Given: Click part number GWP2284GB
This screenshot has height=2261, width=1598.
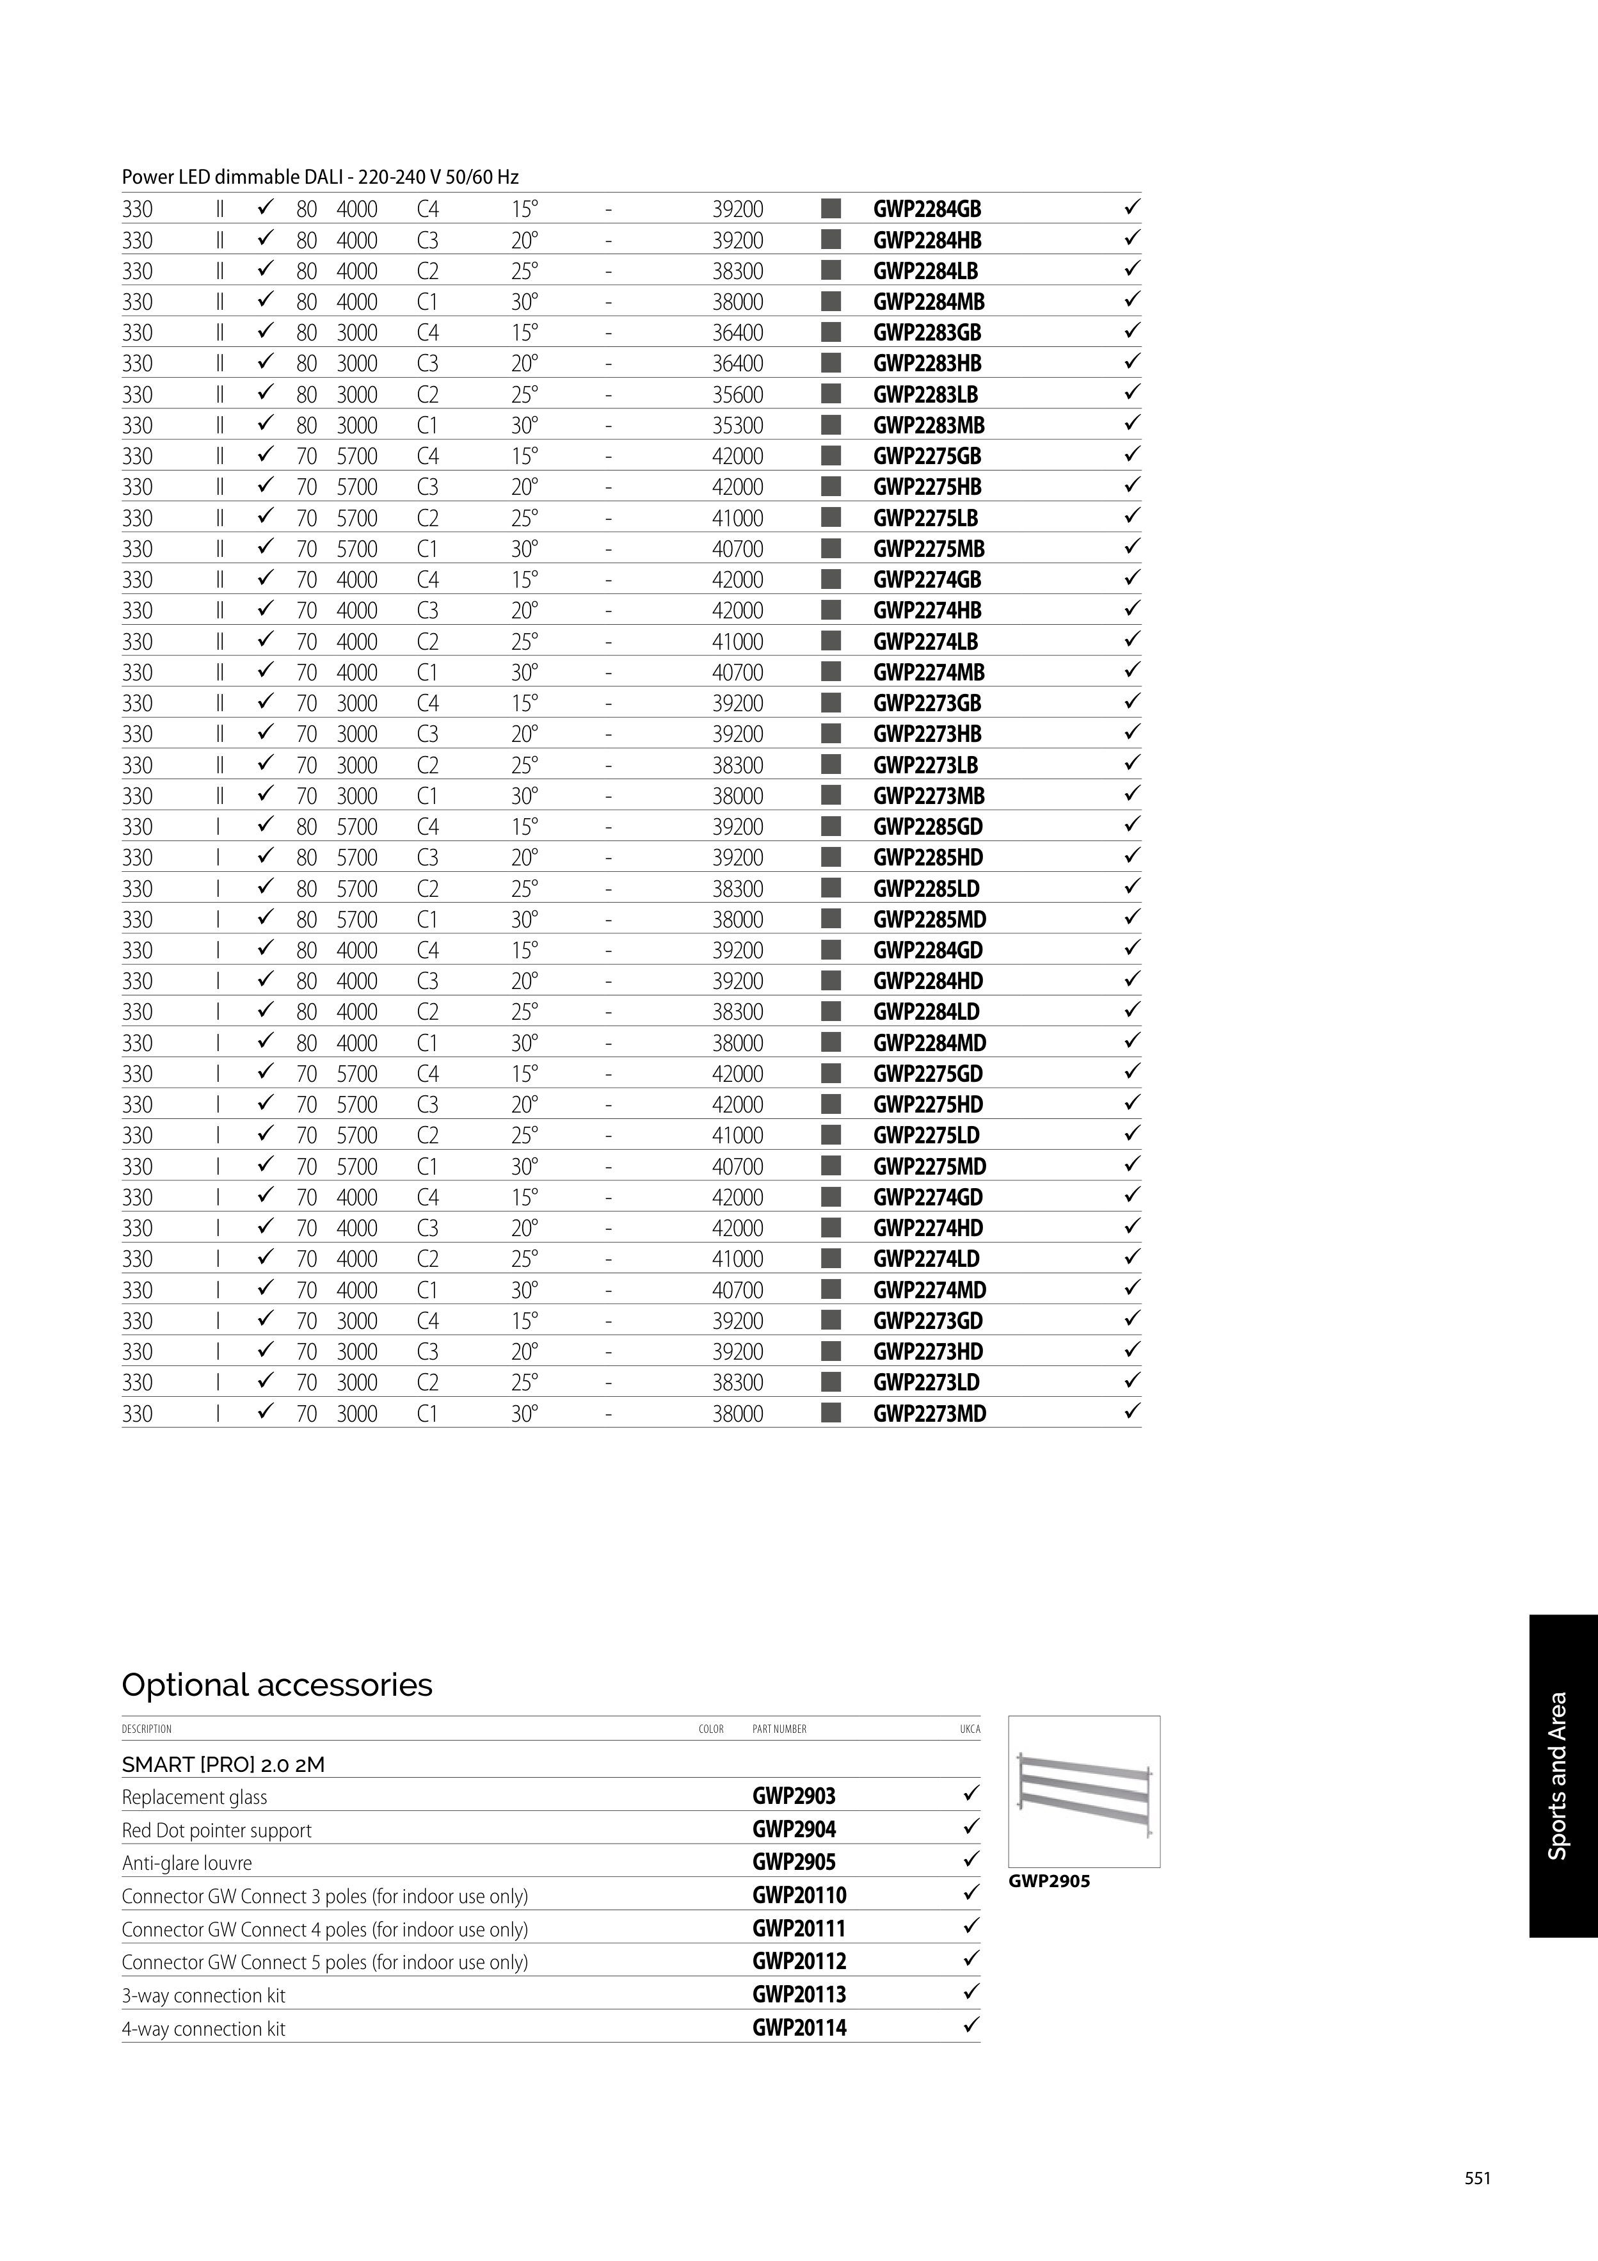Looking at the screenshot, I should coord(927,209).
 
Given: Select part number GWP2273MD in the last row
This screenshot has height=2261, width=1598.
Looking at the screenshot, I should coord(929,1413).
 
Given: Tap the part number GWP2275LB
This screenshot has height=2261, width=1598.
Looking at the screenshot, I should coord(925,518).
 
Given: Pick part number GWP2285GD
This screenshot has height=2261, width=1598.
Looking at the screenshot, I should coord(927,826).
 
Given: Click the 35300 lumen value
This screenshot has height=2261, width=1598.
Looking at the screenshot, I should coord(737,426).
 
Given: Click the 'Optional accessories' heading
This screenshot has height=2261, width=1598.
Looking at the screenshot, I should coord(276,1685).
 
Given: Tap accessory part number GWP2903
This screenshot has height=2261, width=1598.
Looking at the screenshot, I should coord(794,1796).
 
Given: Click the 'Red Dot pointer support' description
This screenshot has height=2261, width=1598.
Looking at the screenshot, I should coord(216,1831).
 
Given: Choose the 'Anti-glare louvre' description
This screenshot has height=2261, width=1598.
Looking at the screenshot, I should coord(187,1863).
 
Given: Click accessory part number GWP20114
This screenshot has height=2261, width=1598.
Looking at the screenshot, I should coord(799,2027).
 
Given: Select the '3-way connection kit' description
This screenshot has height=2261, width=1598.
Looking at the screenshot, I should coord(204,1995).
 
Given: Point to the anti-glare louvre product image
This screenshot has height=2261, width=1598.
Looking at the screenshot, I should coord(1084,1792).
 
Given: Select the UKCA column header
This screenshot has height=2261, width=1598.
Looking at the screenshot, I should coord(970,1729).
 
